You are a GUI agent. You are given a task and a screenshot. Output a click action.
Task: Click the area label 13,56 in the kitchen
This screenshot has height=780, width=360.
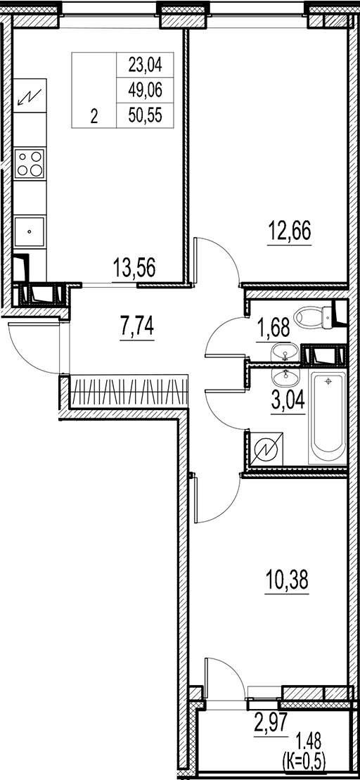[x=134, y=267]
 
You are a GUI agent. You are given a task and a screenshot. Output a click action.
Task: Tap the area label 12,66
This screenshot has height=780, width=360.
[x=289, y=230]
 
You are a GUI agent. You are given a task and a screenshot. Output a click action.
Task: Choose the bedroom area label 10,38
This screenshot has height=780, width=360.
[x=288, y=582]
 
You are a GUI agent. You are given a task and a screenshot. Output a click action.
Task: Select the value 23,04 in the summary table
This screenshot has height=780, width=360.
[x=145, y=67]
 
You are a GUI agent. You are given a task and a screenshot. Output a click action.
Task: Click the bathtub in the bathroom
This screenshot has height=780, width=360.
[x=328, y=421]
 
